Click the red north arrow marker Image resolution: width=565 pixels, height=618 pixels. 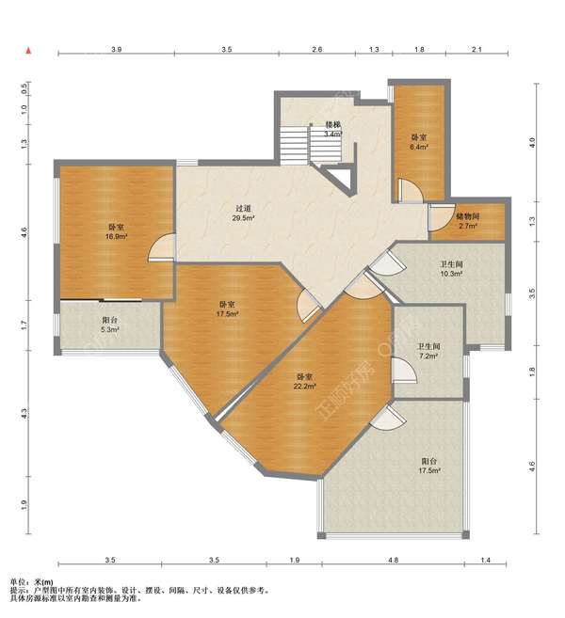28,51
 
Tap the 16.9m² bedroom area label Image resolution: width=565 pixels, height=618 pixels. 116,232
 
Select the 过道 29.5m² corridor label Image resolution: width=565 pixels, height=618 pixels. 243,213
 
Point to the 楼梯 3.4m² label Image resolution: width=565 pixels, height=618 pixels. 332,129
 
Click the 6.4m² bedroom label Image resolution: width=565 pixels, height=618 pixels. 419,142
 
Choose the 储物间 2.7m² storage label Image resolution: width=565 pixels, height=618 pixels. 468,221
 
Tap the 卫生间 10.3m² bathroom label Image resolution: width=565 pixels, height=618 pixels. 451,268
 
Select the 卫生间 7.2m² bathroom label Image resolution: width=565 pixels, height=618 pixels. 428,351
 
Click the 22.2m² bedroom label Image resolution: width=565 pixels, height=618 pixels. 304,381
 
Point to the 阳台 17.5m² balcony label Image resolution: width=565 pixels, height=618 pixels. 429,466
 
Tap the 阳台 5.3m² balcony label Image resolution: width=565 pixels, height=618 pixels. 109,325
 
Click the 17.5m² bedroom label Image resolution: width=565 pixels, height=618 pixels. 228,309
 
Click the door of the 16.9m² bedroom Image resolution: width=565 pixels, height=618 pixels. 162,248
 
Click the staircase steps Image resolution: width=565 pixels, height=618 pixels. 311,144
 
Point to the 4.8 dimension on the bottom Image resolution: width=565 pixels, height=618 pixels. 394,560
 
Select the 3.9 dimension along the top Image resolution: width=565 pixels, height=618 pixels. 116,49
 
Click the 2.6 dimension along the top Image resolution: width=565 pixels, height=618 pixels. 316,49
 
